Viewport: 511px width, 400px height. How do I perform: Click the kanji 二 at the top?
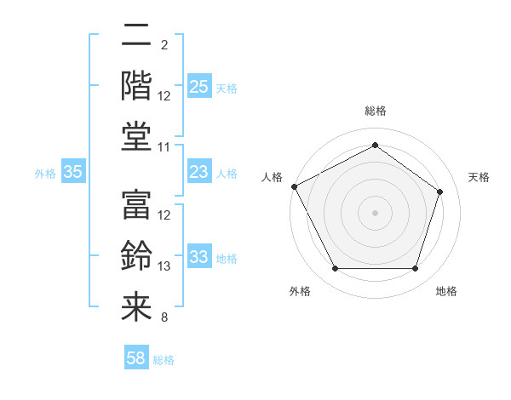pos(136,36)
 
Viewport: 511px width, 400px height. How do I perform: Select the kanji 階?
pos(136,85)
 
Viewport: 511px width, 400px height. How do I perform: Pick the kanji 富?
pos(136,204)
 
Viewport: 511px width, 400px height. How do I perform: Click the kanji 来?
pos(136,306)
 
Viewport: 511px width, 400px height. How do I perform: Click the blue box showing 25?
pos(199,87)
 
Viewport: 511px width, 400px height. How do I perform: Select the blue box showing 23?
pos(199,173)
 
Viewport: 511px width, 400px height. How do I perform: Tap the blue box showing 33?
pos(199,258)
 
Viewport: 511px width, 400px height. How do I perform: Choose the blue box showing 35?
pos(73,173)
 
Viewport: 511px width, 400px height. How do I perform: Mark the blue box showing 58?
pos(136,359)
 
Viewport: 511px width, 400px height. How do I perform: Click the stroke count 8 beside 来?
pos(164,317)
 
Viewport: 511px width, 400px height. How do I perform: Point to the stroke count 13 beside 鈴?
pos(165,266)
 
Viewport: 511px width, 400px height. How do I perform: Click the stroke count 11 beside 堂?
pos(165,147)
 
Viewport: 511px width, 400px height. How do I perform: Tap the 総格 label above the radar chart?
pos(375,111)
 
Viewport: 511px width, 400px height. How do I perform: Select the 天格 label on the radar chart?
pos(479,177)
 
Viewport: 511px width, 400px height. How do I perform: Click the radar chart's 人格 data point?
pos(294,186)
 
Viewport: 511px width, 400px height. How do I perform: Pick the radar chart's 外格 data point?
pos(335,269)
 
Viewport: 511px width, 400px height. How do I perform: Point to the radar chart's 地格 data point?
pos(415,269)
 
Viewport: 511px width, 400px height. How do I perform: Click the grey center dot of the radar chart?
pos(375,213)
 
